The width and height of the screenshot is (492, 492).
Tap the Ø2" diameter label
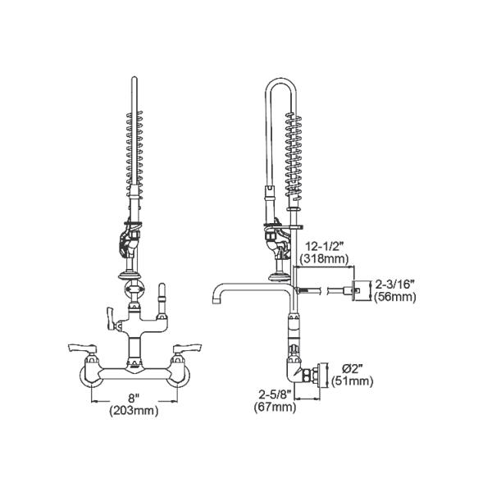(353, 368)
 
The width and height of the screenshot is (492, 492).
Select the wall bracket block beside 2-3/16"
(358, 289)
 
